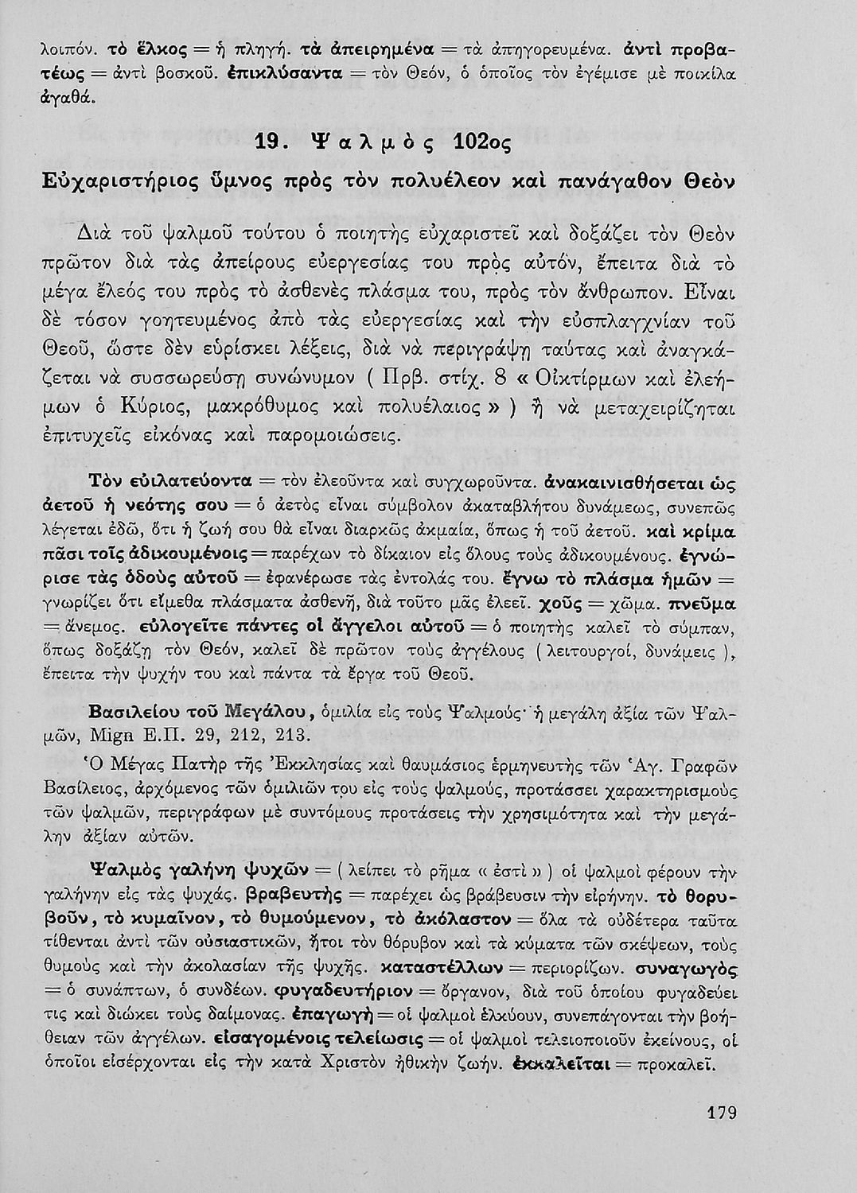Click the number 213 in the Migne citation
coord(282,733)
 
